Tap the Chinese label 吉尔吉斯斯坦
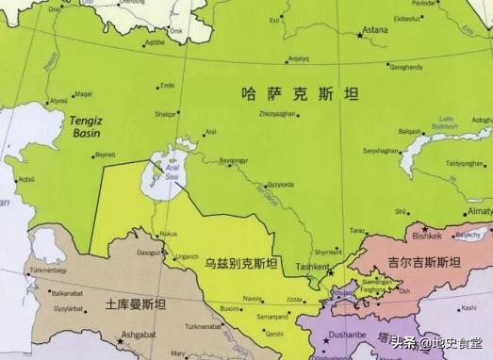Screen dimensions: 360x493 coord(424,263)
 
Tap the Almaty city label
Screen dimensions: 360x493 coord(479,212)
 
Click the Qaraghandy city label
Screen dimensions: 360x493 coord(406,66)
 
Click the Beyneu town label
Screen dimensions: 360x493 coord(105,155)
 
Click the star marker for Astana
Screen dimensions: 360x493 coord(359,35)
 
